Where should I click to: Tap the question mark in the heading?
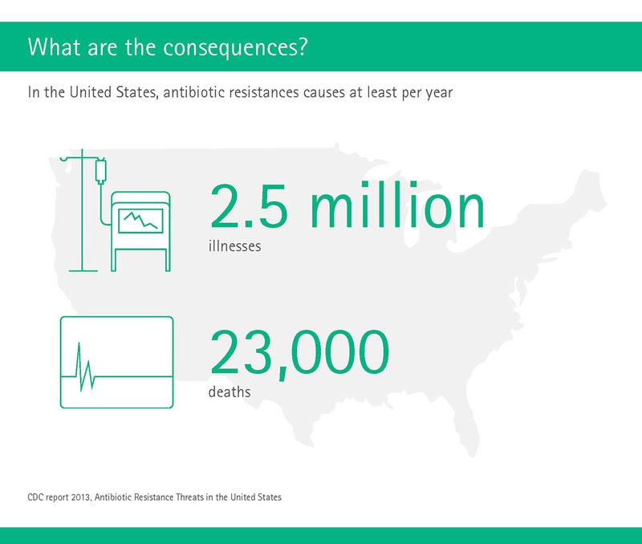(303, 46)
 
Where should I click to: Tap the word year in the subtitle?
(439, 93)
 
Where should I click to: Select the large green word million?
(397, 204)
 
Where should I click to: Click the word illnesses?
(234, 246)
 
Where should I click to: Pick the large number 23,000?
(299, 353)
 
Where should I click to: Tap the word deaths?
(230, 392)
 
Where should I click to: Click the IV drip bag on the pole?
(101, 170)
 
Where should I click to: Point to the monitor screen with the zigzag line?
(140, 221)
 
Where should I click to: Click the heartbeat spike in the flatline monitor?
(85, 367)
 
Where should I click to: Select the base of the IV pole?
(83, 270)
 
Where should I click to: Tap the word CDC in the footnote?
(35, 497)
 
